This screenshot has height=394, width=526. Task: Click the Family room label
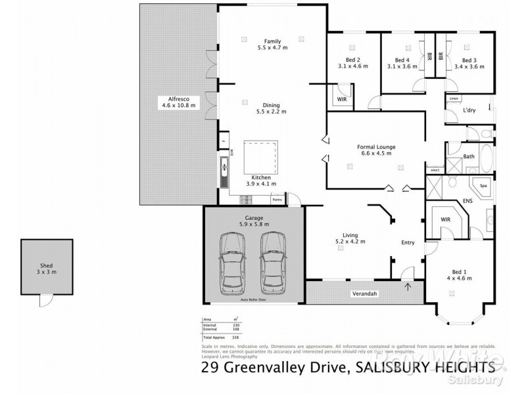tap(272, 41)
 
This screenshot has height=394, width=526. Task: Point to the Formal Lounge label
tap(376, 146)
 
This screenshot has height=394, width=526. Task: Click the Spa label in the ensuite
tap(483, 186)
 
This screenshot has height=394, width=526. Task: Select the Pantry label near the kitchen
tap(277, 199)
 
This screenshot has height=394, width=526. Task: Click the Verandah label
tap(364, 293)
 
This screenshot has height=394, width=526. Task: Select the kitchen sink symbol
tap(225, 167)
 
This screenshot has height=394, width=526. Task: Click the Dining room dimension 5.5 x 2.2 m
tap(272, 112)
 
